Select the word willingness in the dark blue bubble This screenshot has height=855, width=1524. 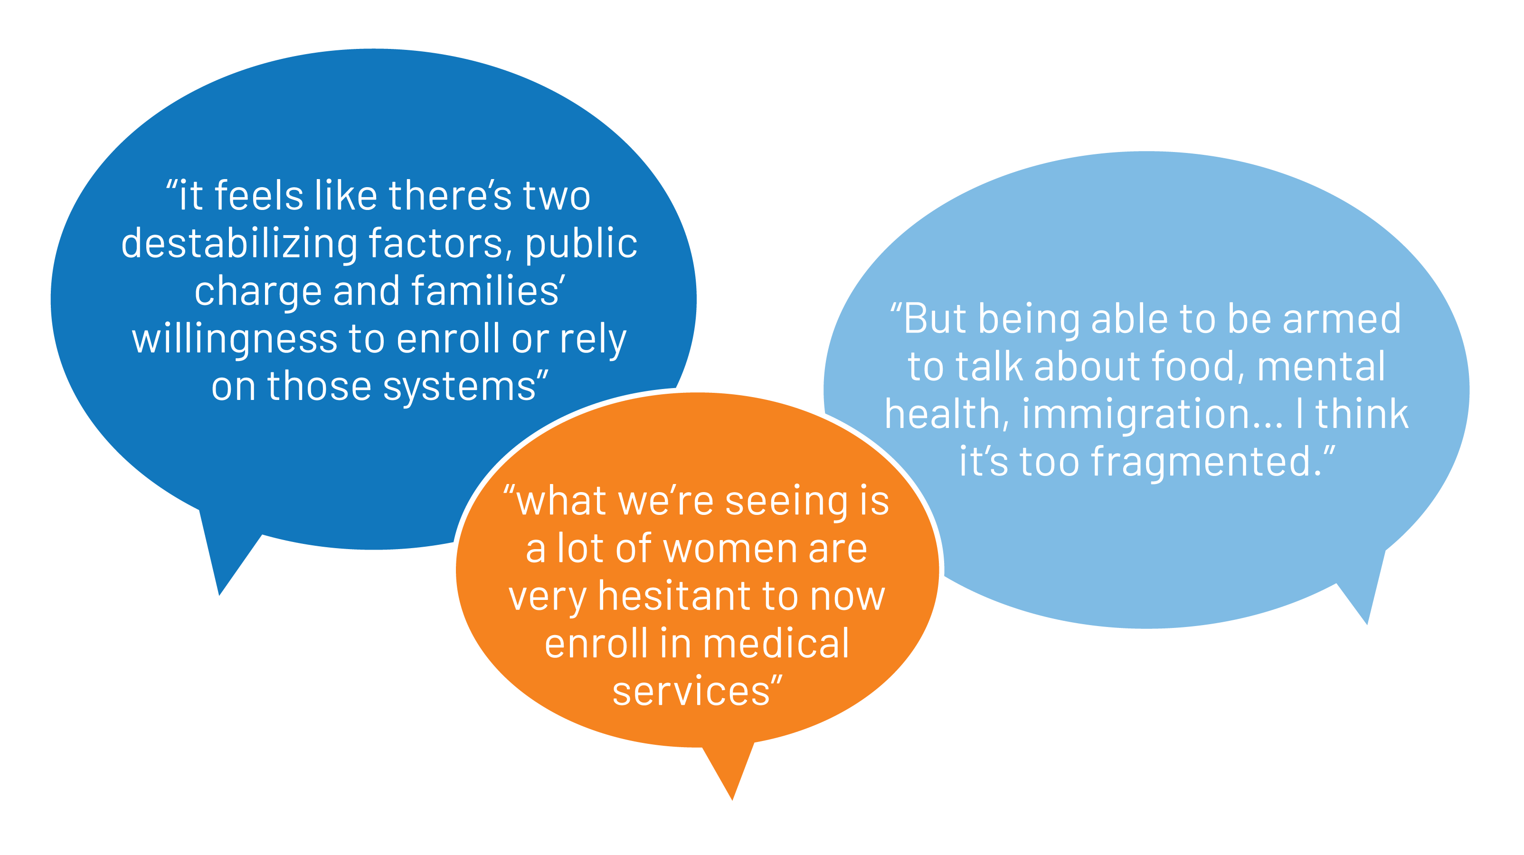[234, 340]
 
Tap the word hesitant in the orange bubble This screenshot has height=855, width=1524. [674, 597]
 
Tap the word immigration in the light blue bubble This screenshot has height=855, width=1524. [1151, 414]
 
